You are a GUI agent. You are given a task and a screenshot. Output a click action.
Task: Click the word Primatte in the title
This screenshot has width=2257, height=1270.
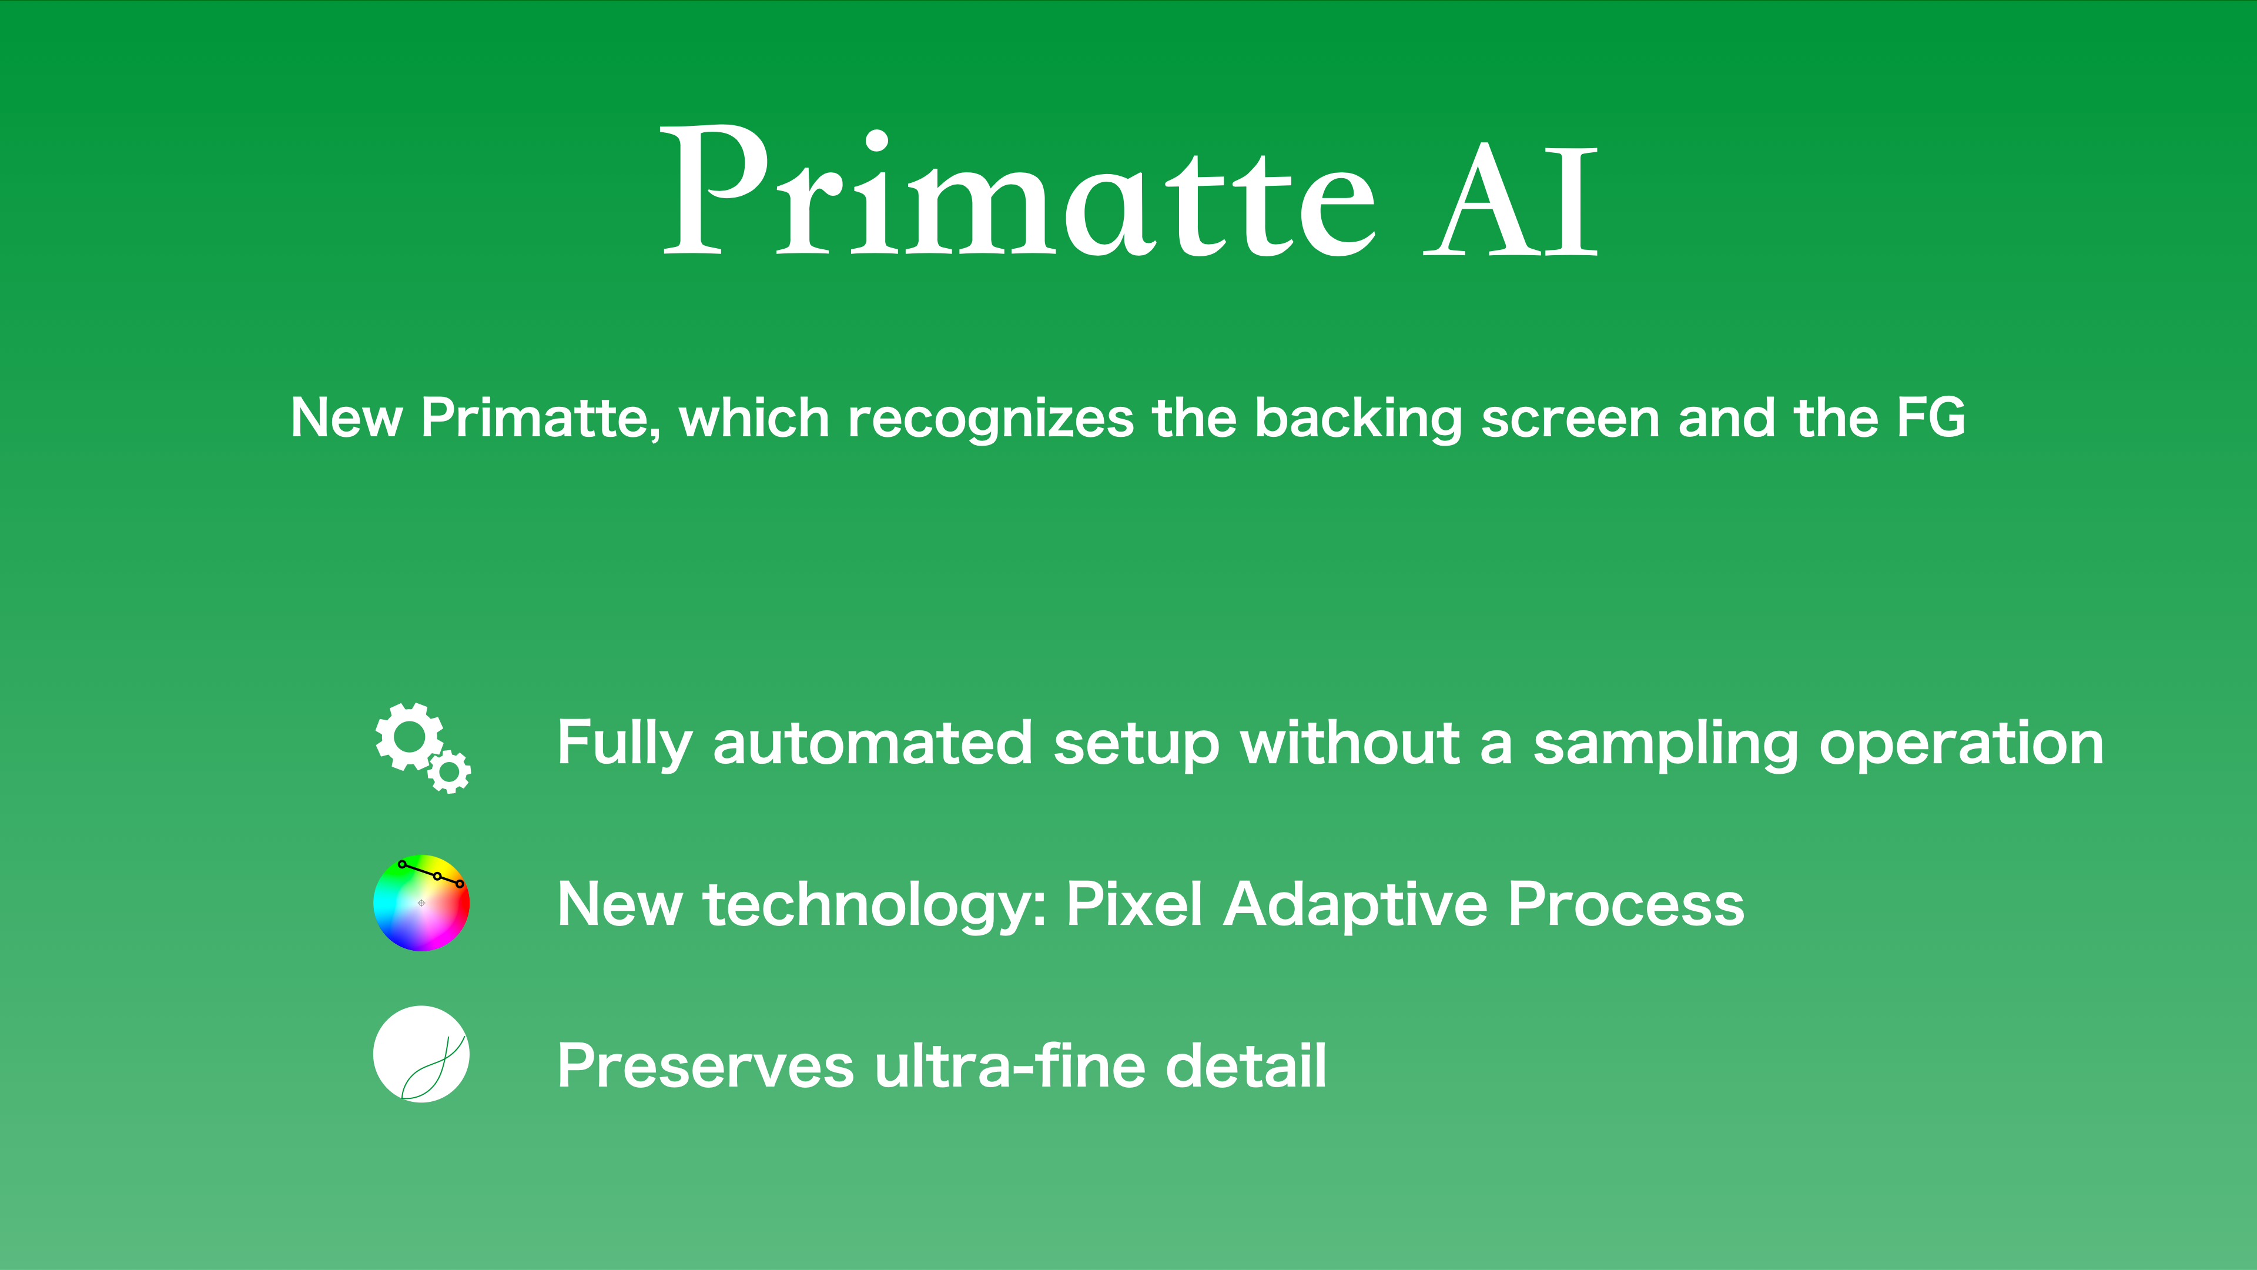(x=1018, y=191)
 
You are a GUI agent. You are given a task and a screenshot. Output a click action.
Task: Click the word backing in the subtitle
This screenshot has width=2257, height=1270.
(x=1359, y=419)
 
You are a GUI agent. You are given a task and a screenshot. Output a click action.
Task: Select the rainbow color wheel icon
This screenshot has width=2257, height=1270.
(x=421, y=903)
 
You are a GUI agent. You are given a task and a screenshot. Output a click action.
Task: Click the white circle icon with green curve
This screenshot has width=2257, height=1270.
(x=421, y=1054)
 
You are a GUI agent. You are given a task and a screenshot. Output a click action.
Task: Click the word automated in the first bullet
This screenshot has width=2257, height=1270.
(x=873, y=743)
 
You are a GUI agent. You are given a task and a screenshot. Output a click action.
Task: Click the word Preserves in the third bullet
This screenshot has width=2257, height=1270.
(x=705, y=1066)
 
